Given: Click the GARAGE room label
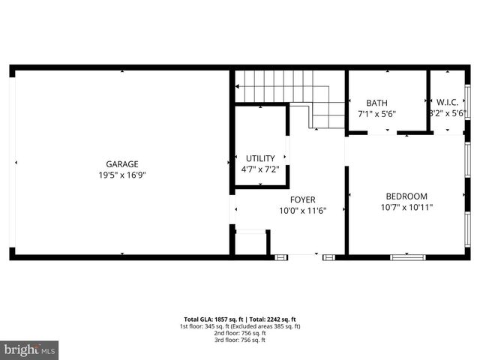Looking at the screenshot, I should pos(121,164).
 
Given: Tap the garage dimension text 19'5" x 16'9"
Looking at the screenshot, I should pos(121,175).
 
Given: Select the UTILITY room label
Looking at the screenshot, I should pos(260,158).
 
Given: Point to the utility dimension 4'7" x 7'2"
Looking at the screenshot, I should pos(260,169).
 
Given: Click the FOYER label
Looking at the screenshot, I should pos(303,199).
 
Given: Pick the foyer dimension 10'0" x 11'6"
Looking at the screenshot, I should pos(303,211).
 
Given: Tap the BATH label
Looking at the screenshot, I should pos(376,103).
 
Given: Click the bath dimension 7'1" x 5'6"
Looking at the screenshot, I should pos(376,114).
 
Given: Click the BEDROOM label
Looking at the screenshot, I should pos(406,196).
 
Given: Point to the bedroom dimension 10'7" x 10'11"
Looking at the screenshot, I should pos(406,208).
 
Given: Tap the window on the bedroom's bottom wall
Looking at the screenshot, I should pos(408,257).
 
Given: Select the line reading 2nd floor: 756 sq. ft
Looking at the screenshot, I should pos(240,333).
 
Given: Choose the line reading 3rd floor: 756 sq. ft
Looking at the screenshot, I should pos(240,340).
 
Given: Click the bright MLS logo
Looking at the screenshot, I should pos(30,350).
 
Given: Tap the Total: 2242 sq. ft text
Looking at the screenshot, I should pos(271,319).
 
